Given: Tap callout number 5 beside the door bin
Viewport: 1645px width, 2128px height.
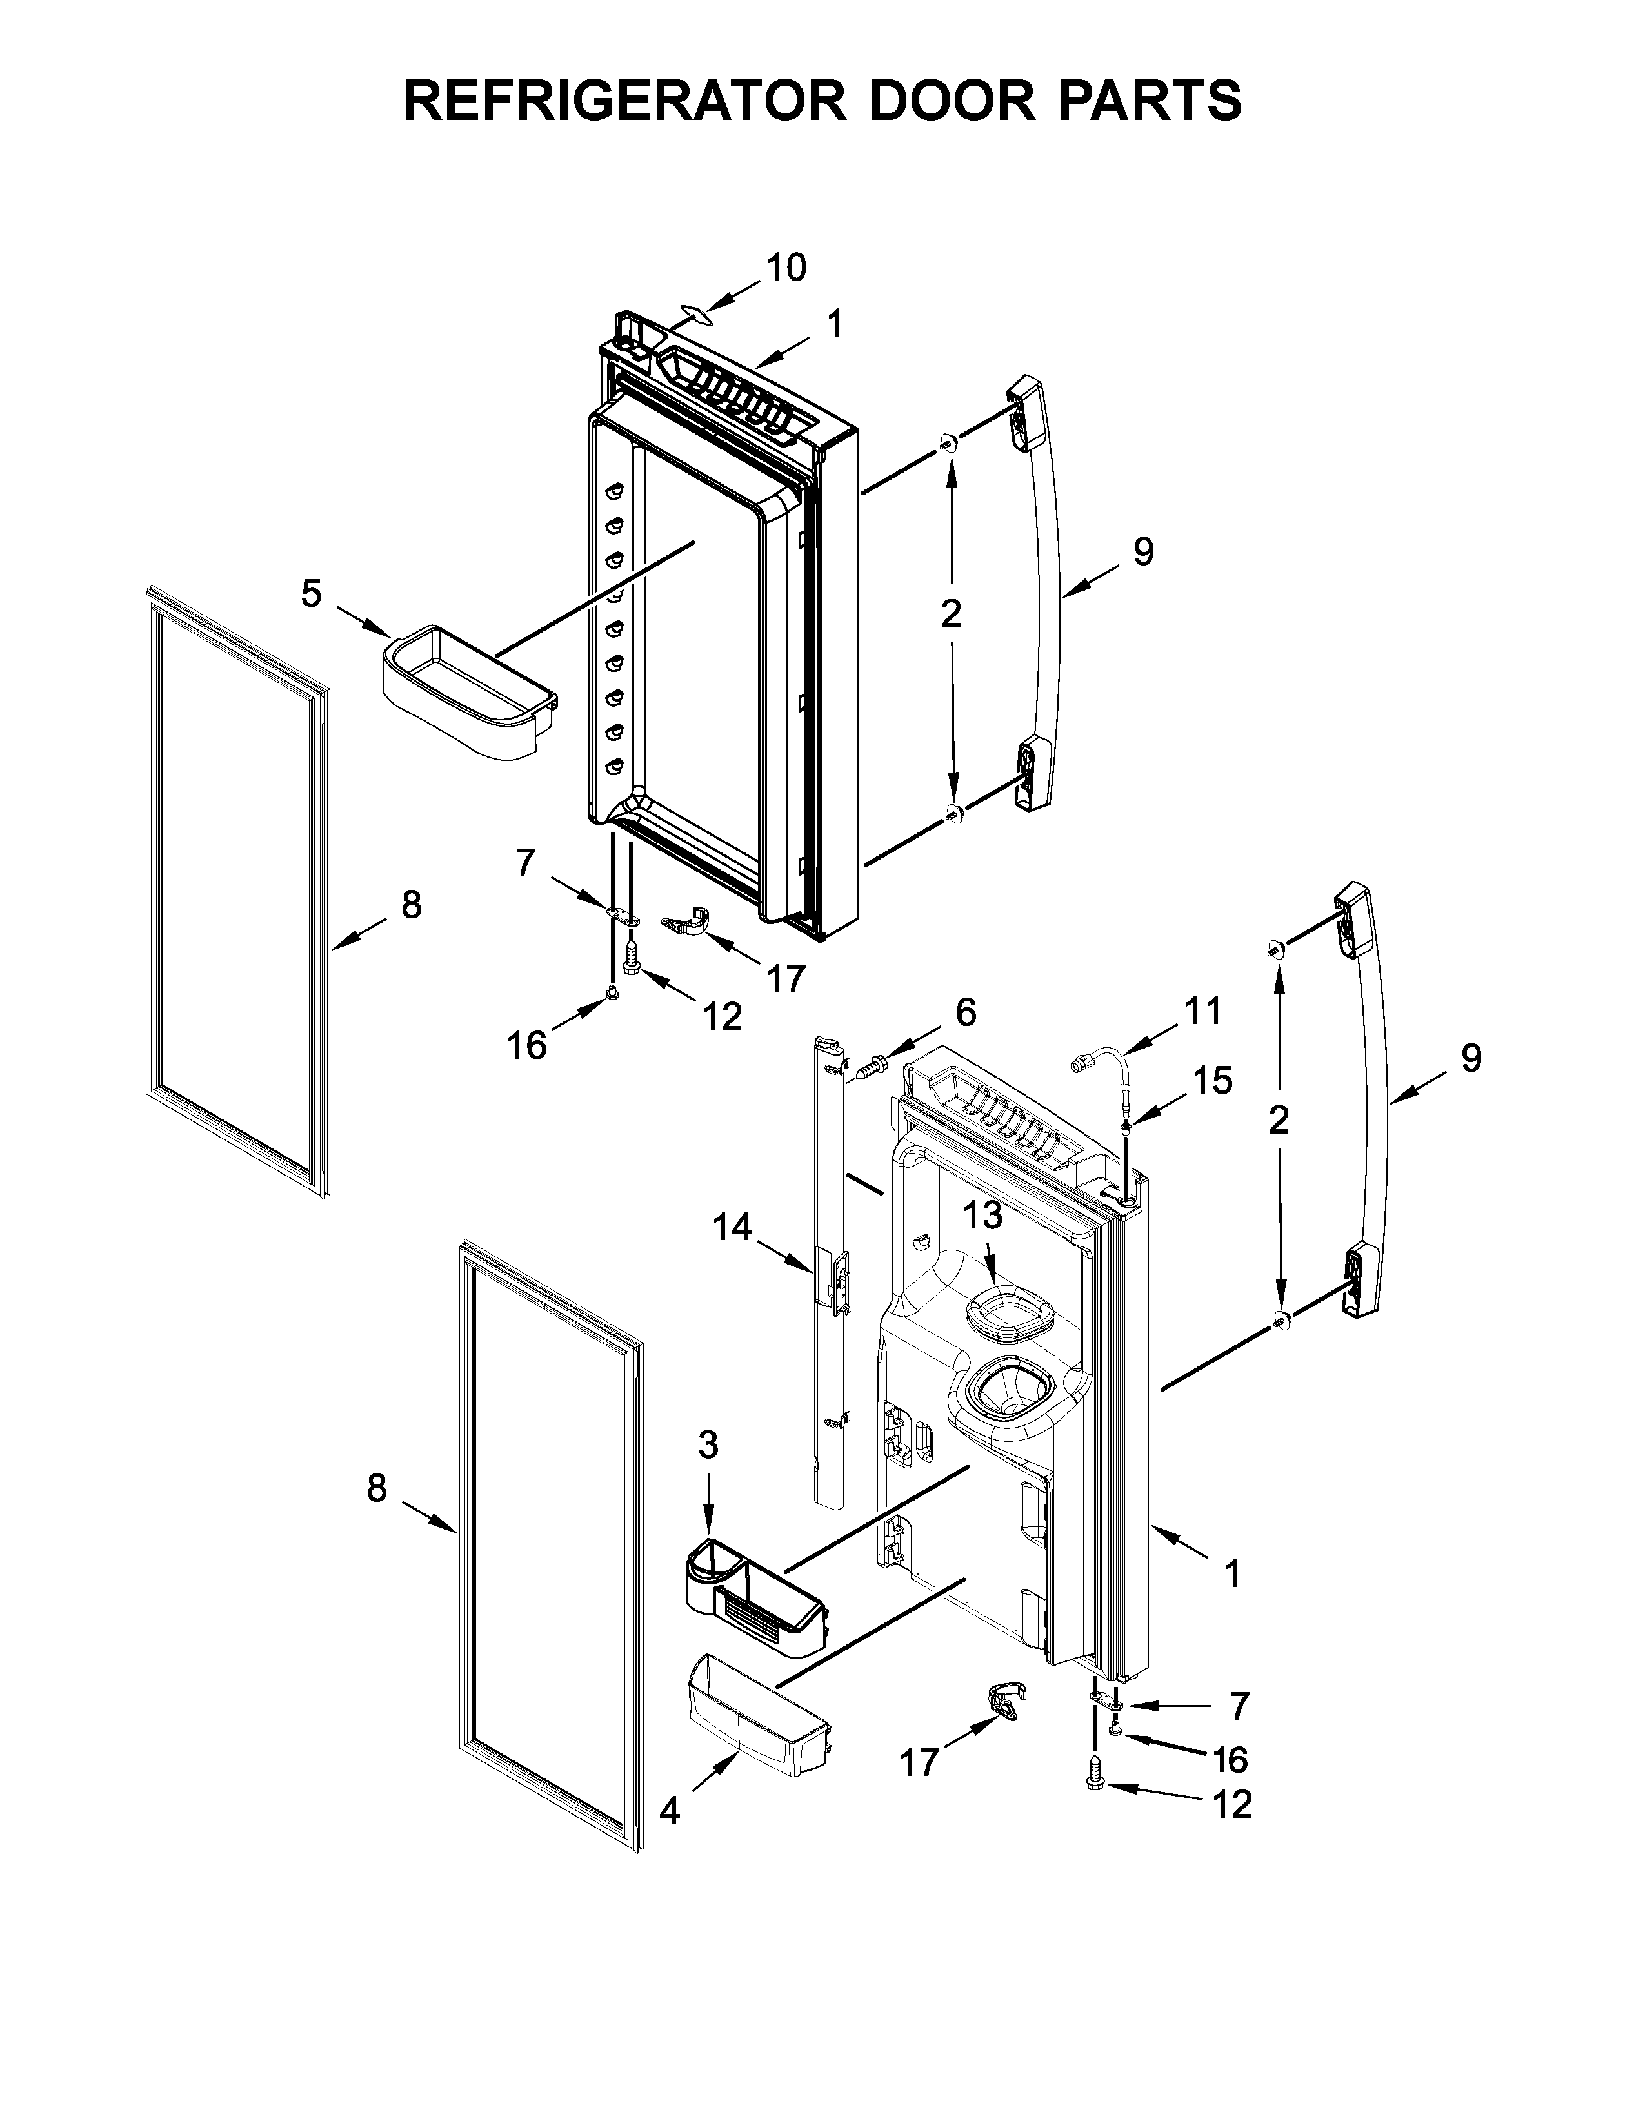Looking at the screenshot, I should coord(311,593).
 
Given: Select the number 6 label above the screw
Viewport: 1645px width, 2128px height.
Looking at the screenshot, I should coord(965,1012).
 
